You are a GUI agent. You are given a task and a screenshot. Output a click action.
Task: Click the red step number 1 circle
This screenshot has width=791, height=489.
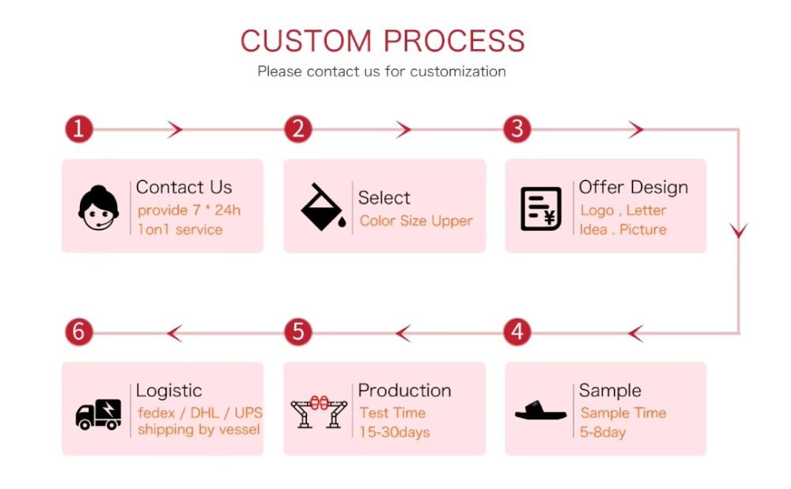point(78,129)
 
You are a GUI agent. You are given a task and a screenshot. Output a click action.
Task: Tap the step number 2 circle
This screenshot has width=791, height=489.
point(297,129)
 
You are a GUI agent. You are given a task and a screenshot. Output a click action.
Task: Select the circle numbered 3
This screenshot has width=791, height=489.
point(517,129)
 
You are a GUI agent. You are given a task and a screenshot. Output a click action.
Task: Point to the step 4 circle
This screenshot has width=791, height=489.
point(517,332)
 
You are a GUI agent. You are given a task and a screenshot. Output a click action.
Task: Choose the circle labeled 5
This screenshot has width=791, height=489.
point(297,332)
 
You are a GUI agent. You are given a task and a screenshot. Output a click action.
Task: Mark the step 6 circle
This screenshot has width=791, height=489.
point(78,332)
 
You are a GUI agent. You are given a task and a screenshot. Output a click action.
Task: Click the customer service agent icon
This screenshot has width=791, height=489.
point(99,207)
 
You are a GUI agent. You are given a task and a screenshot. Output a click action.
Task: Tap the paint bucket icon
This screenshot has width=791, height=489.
point(321,207)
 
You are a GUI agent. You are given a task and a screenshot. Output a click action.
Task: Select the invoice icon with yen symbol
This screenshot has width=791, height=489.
point(541,209)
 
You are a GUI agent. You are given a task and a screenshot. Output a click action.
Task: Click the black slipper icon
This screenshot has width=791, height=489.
point(541,411)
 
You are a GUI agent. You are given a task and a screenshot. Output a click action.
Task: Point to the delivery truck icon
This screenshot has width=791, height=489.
point(99,413)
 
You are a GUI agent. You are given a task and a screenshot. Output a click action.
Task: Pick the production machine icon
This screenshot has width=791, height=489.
point(320,411)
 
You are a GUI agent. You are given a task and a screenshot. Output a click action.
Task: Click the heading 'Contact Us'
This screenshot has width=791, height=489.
point(184,188)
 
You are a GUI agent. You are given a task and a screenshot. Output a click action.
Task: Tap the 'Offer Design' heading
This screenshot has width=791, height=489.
point(633,188)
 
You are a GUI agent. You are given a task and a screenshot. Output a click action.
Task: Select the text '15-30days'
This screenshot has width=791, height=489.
point(394,432)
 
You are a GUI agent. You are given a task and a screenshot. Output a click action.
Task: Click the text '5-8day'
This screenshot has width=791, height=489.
point(603,432)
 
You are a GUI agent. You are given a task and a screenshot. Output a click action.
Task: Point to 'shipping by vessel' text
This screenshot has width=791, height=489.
point(198,430)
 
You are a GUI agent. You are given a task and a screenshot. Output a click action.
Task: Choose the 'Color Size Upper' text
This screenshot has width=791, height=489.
point(415,221)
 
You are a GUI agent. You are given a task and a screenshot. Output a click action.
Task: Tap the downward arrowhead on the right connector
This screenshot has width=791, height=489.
point(739,231)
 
